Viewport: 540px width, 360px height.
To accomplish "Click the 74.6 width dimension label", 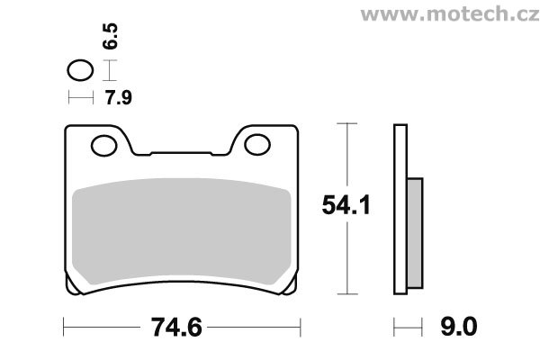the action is (176, 328).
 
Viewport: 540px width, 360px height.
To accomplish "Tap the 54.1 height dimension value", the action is (346, 205).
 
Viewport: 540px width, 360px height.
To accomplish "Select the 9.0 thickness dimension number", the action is (459, 327).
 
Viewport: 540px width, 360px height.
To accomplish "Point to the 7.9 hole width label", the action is (119, 97).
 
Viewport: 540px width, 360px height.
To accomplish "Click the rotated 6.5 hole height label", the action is (111, 36).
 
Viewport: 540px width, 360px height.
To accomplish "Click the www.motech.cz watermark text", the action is (450, 14).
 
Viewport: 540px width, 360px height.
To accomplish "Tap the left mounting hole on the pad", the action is (104, 146).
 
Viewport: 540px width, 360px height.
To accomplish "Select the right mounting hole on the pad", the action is (257, 144).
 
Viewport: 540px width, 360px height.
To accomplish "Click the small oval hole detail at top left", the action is (80, 70).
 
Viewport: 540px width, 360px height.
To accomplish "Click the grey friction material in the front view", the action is (182, 230).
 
